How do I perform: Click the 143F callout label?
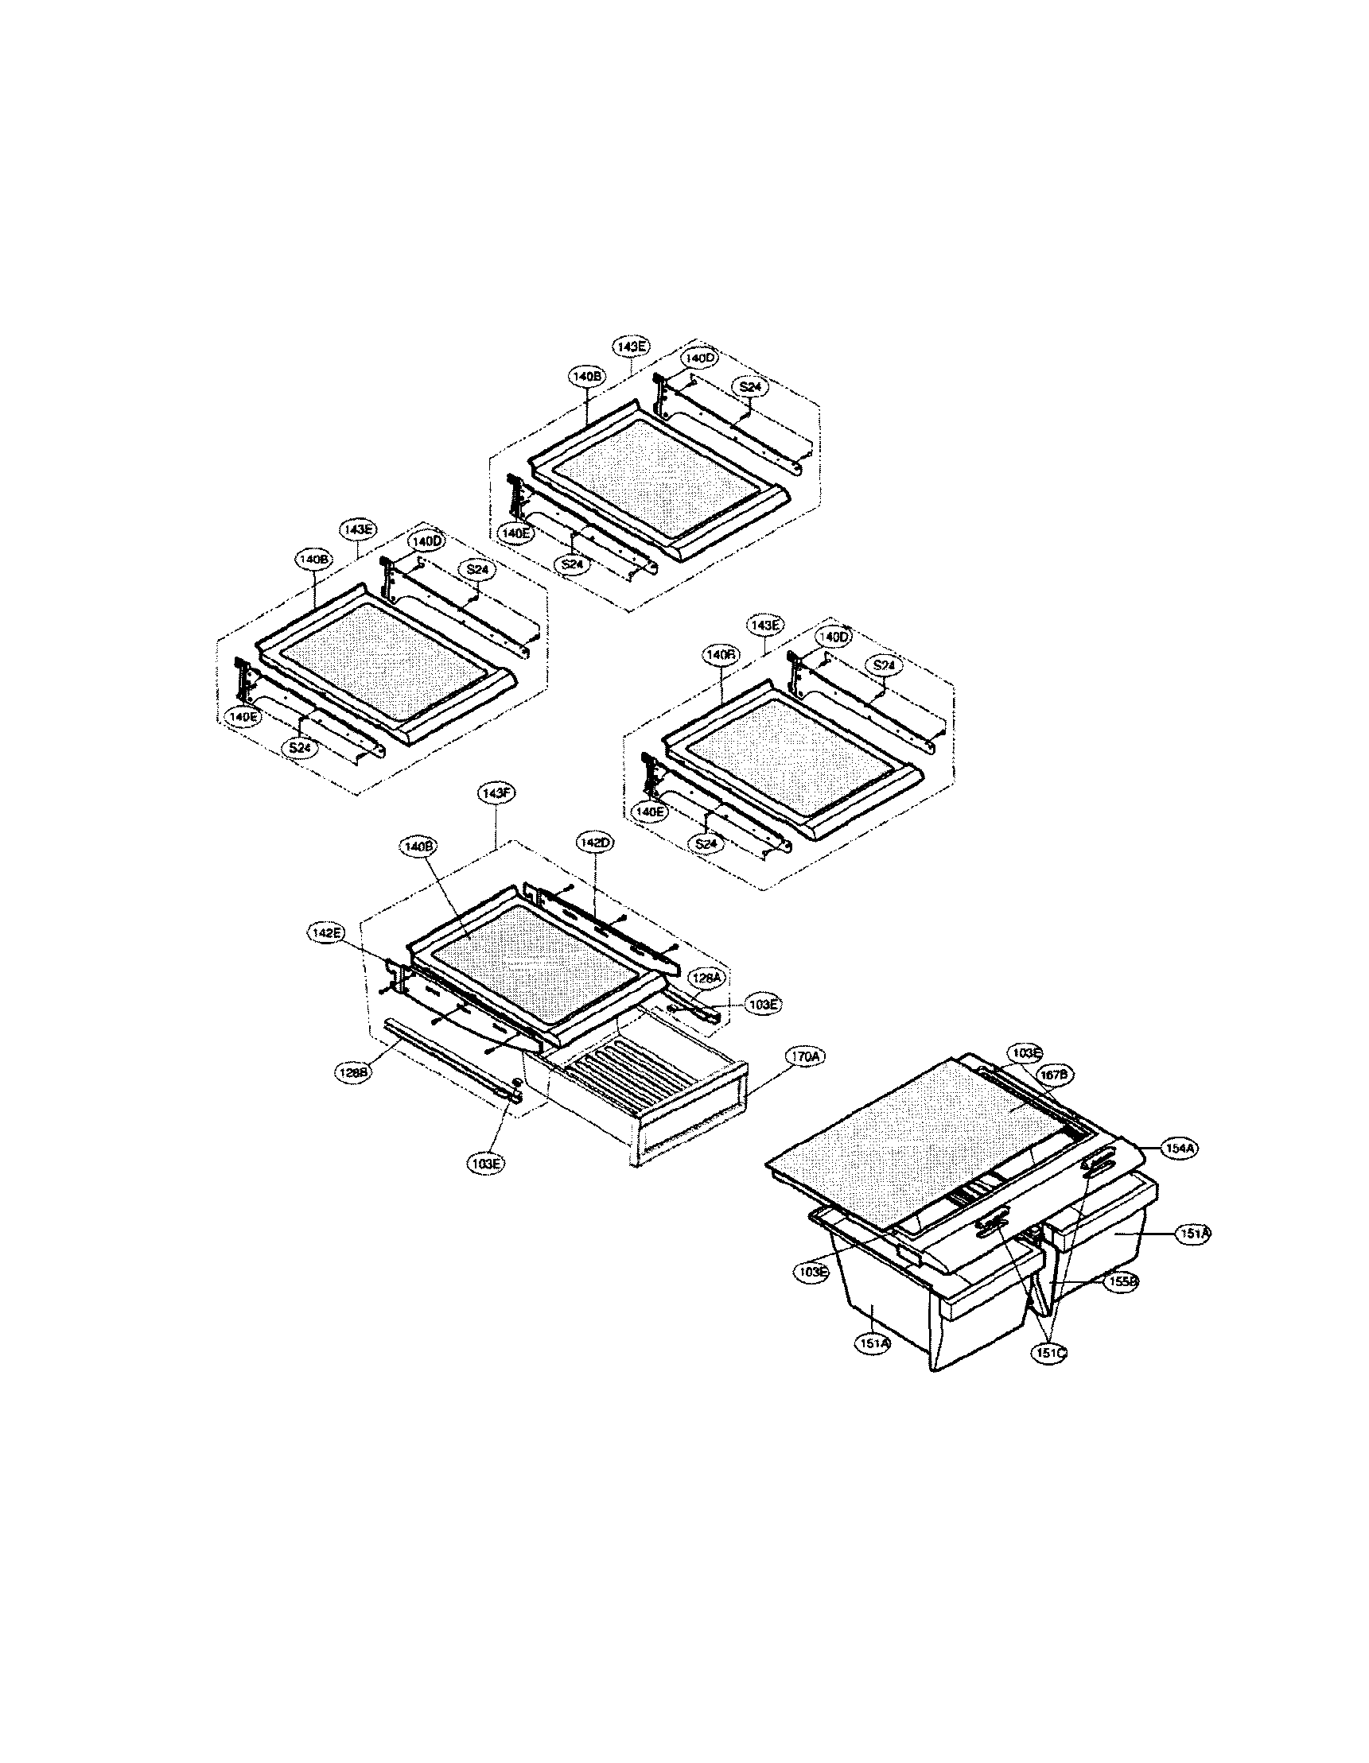click(493, 794)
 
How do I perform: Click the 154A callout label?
click(1180, 1147)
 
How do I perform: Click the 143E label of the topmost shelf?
click(632, 346)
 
